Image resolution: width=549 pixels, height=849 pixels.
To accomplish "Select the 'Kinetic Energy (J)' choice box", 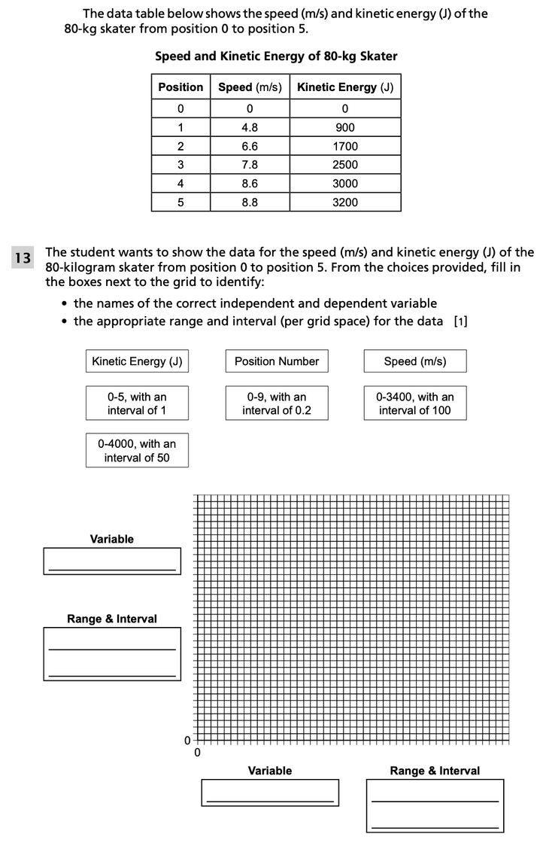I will (137, 361).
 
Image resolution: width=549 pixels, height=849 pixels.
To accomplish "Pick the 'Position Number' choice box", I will (277, 361).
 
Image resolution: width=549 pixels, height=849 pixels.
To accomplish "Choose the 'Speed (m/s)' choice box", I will (415, 361).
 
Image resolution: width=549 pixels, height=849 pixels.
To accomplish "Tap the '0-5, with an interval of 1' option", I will (137, 403).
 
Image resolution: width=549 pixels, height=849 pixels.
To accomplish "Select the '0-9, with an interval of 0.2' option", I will (277, 403).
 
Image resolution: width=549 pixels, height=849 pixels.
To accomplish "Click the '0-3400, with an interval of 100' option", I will (415, 403).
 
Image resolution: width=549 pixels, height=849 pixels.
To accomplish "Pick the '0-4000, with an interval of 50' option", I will (137, 450).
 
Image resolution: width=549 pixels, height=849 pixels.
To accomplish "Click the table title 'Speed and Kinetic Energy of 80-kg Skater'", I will (276, 56).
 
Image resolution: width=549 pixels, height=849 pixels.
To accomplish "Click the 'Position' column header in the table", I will (180, 87).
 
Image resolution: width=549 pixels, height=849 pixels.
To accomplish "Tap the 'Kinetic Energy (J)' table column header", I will (345, 87).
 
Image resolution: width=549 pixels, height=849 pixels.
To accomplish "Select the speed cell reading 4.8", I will (250, 127).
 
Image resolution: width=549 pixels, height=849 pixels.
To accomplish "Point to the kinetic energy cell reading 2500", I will (345, 165).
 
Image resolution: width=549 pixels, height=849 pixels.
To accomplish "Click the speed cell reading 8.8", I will (250, 202).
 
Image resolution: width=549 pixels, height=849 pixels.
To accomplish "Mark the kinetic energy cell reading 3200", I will (345, 202).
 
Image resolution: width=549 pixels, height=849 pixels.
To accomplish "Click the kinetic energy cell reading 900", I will (345, 127).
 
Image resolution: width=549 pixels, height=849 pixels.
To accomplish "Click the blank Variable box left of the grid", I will (112, 561).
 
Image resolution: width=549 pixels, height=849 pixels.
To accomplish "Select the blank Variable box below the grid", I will (270, 793).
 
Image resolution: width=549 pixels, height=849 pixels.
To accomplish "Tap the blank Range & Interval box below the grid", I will (435, 805).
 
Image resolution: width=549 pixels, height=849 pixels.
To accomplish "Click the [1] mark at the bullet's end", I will (461, 321).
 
